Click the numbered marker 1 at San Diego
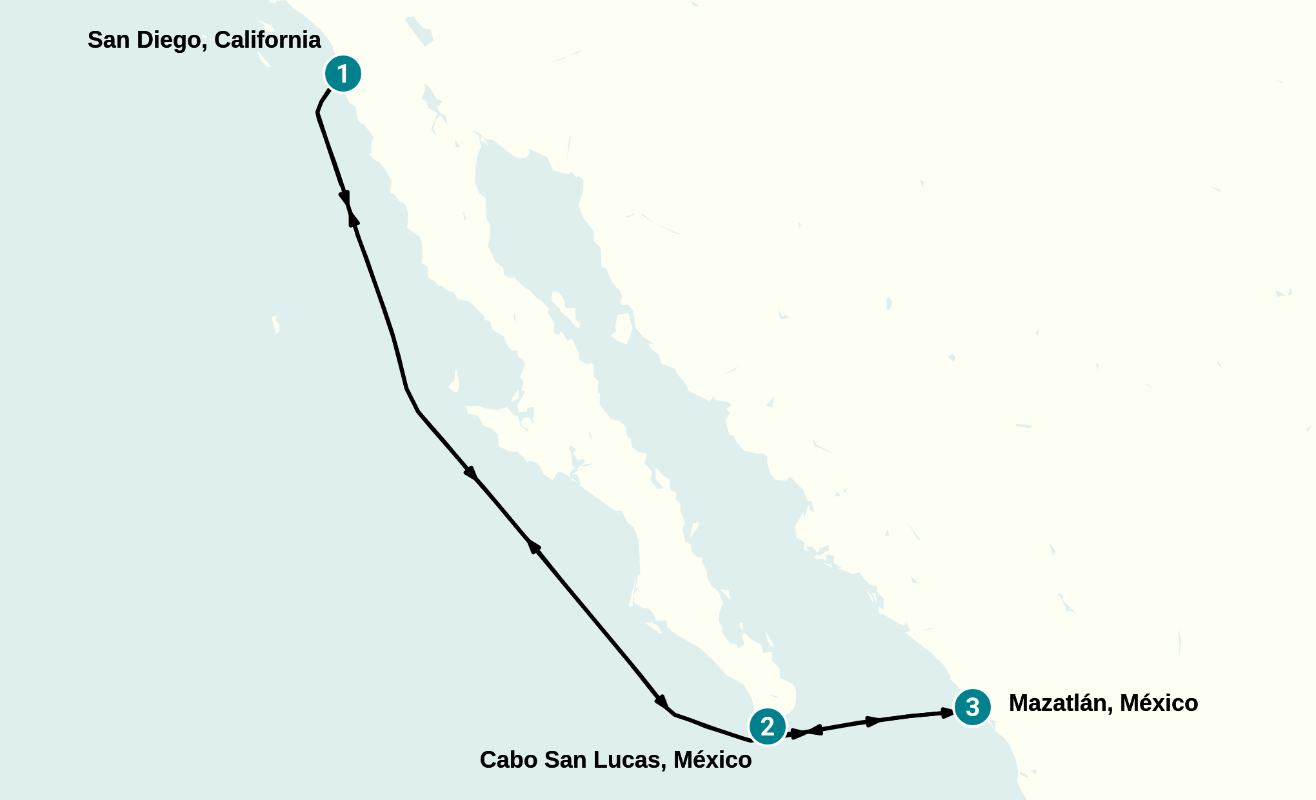click(343, 74)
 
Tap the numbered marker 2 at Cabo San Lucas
click(767, 726)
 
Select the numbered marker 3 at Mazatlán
click(973, 706)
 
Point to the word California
click(267, 40)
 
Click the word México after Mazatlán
click(1159, 703)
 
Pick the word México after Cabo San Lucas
click(712, 760)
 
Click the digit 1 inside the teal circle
click(343, 74)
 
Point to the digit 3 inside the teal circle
click(973, 706)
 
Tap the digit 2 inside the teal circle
click(767, 726)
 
